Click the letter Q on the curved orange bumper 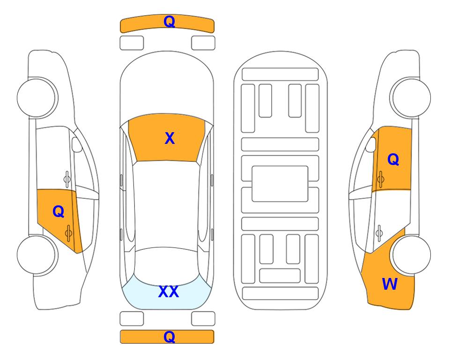[x=169, y=21]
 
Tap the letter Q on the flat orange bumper [x=169, y=337]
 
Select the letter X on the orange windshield [x=170, y=138]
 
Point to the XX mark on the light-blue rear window [x=169, y=292]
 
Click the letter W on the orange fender [x=390, y=284]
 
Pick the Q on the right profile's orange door [x=393, y=159]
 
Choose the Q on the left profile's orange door [x=59, y=212]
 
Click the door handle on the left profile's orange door [x=68, y=233]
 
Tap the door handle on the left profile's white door [x=67, y=180]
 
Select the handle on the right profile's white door [x=379, y=233]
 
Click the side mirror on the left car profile [x=76, y=144]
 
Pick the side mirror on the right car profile [x=371, y=144]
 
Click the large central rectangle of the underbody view [x=280, y=184]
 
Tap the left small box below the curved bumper [x=132, y=43]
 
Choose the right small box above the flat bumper [x=203, y=319]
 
